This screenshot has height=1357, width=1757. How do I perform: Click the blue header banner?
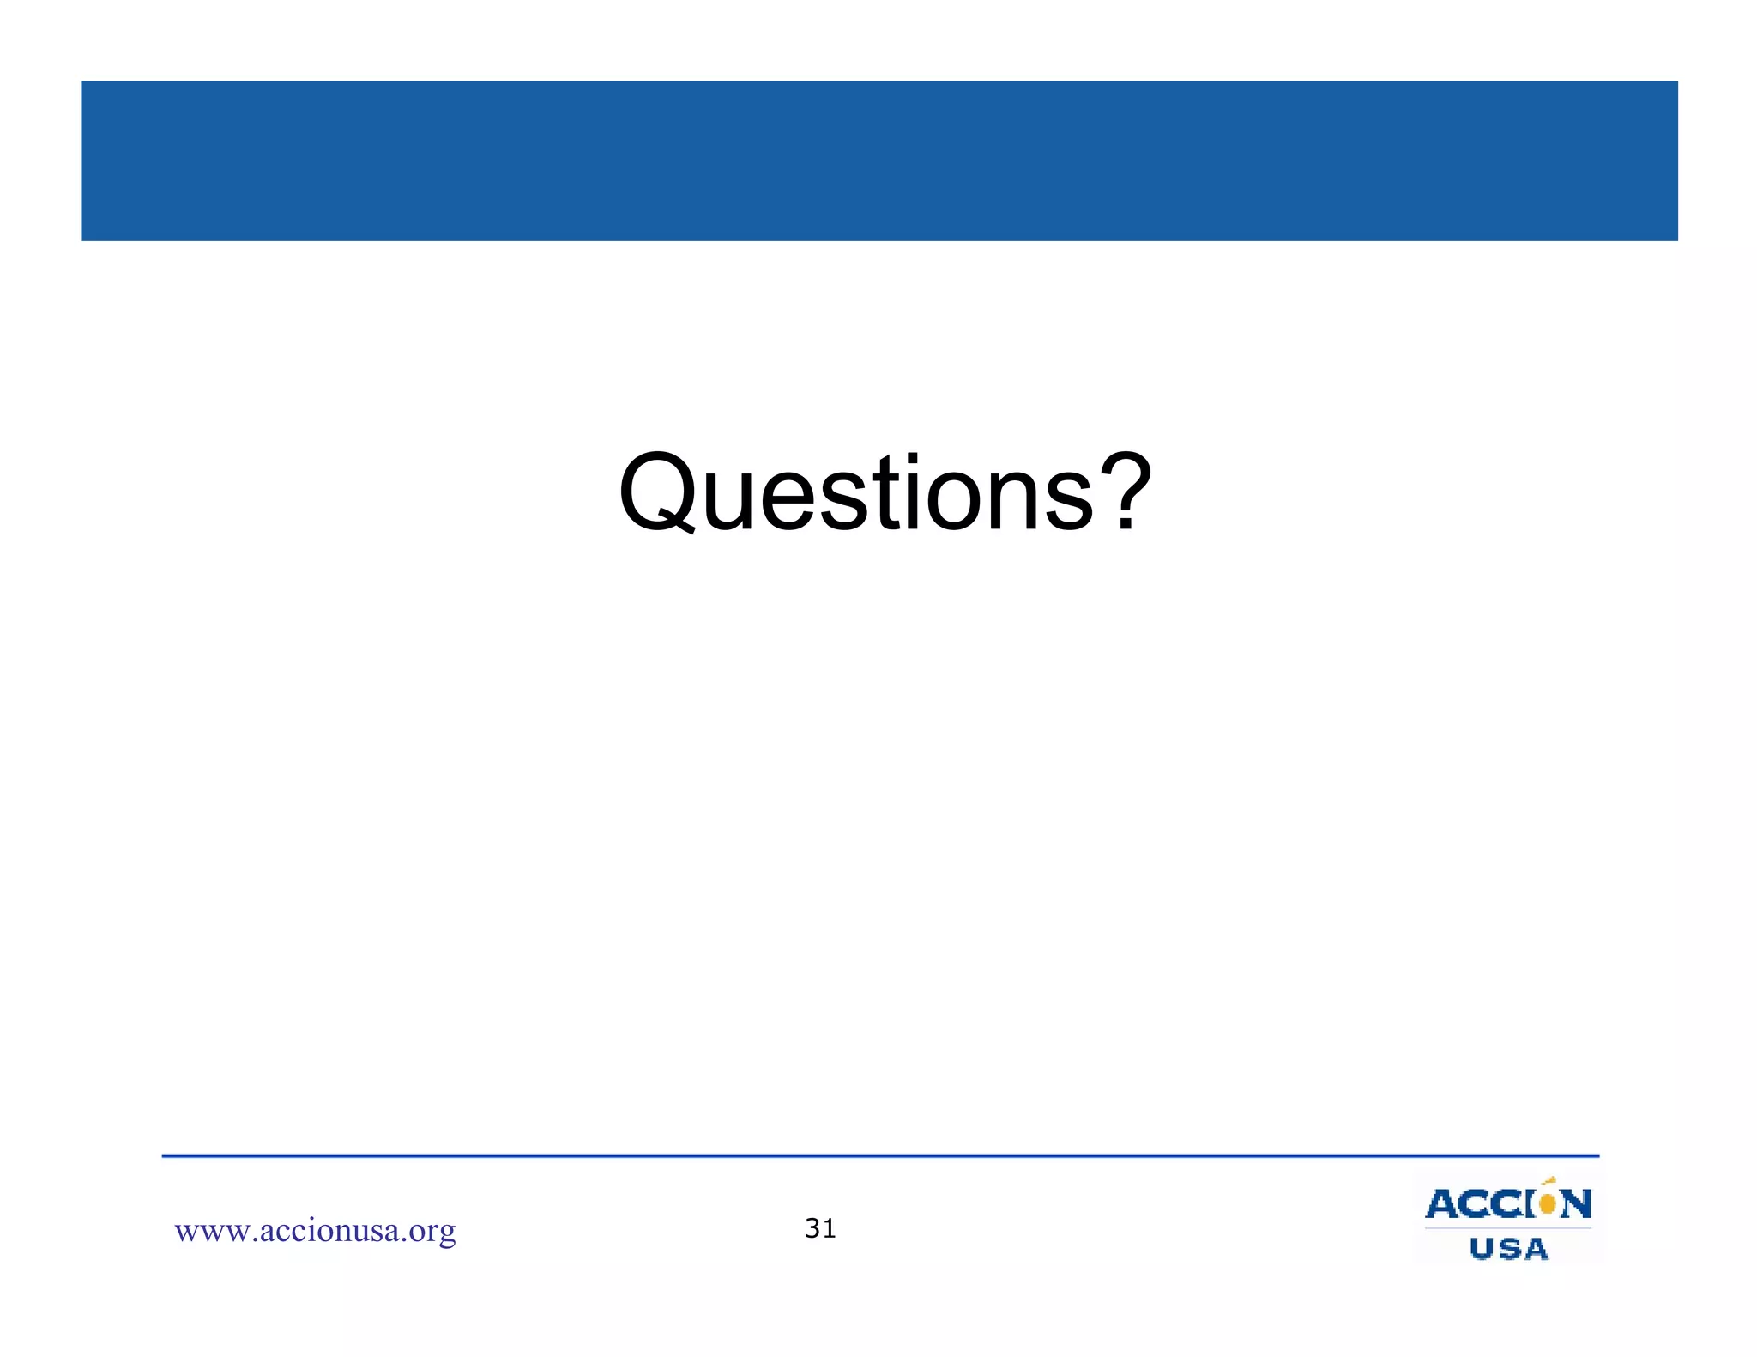[x=878, y=160]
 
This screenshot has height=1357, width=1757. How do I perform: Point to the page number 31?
[x=820, y=1228]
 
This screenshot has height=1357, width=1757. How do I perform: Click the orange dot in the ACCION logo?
[x=1548, y=1204]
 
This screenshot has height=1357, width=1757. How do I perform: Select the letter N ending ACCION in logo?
[x=1576, y=1204]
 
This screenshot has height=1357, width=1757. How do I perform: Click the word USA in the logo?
[x=1508, y=1249]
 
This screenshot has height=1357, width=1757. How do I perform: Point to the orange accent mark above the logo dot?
[x=1549, y=1181]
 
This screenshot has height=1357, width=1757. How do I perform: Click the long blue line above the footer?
[x=880, y=1156]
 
